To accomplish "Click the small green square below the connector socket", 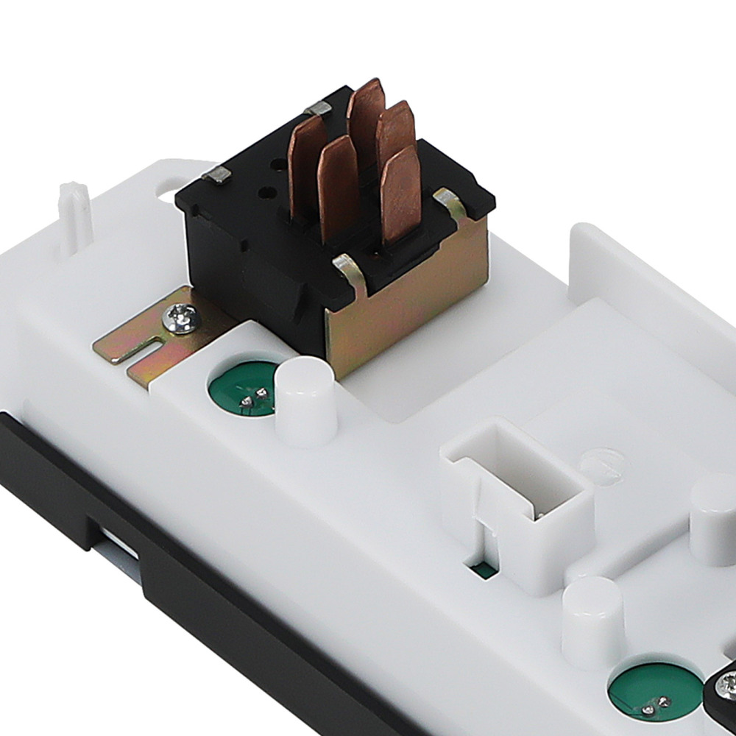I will tap(484, 570).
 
